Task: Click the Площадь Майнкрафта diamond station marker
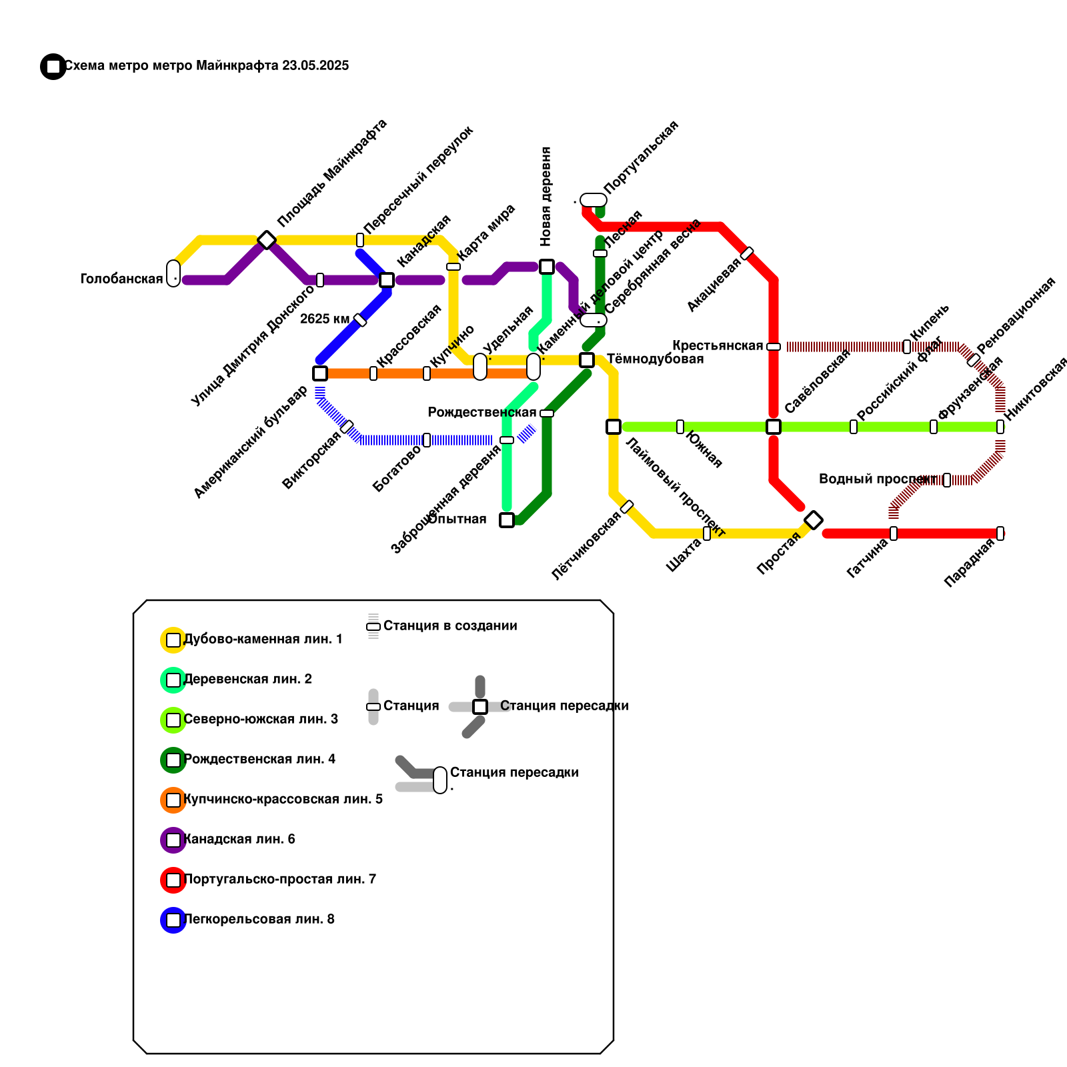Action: pyautogui.click(x=267, y=239)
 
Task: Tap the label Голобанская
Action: pyautogui.click(x=121, y=279)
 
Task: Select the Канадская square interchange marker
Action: pyautogui.click(x=387, y=280)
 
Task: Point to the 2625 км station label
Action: pyautogui.click(x=324, y=319)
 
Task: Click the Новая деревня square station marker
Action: pyautogui.click(x=547, y=267)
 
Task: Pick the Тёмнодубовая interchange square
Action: pyautogui.click(x=587, y=360)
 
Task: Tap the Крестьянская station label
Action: pyautogui.click(x=717, y=345)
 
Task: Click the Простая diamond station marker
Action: pyautogui.click(x=814, y=520)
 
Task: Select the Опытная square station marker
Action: pyautogui.click(x=507, y=520)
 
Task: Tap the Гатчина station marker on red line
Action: pyautogui.click(x=894, y=533)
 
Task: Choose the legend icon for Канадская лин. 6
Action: pyautogui.click(x=173, y=840)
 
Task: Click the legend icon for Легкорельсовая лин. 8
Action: pyautogui.click(x=173, y=920)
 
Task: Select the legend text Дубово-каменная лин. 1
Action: pyautogui.click(x=263, y=639)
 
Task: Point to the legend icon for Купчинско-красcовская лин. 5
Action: pyautogui.click(x=173, y=800)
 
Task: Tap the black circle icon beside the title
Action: pyautogui.click(x=53, y=67)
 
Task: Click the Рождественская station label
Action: pyautogui.click(x=481, y=412)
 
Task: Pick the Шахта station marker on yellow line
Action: pyautogui.click(x=707, y=533)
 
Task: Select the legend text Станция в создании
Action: pyautogui.click(x=450, y=626)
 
